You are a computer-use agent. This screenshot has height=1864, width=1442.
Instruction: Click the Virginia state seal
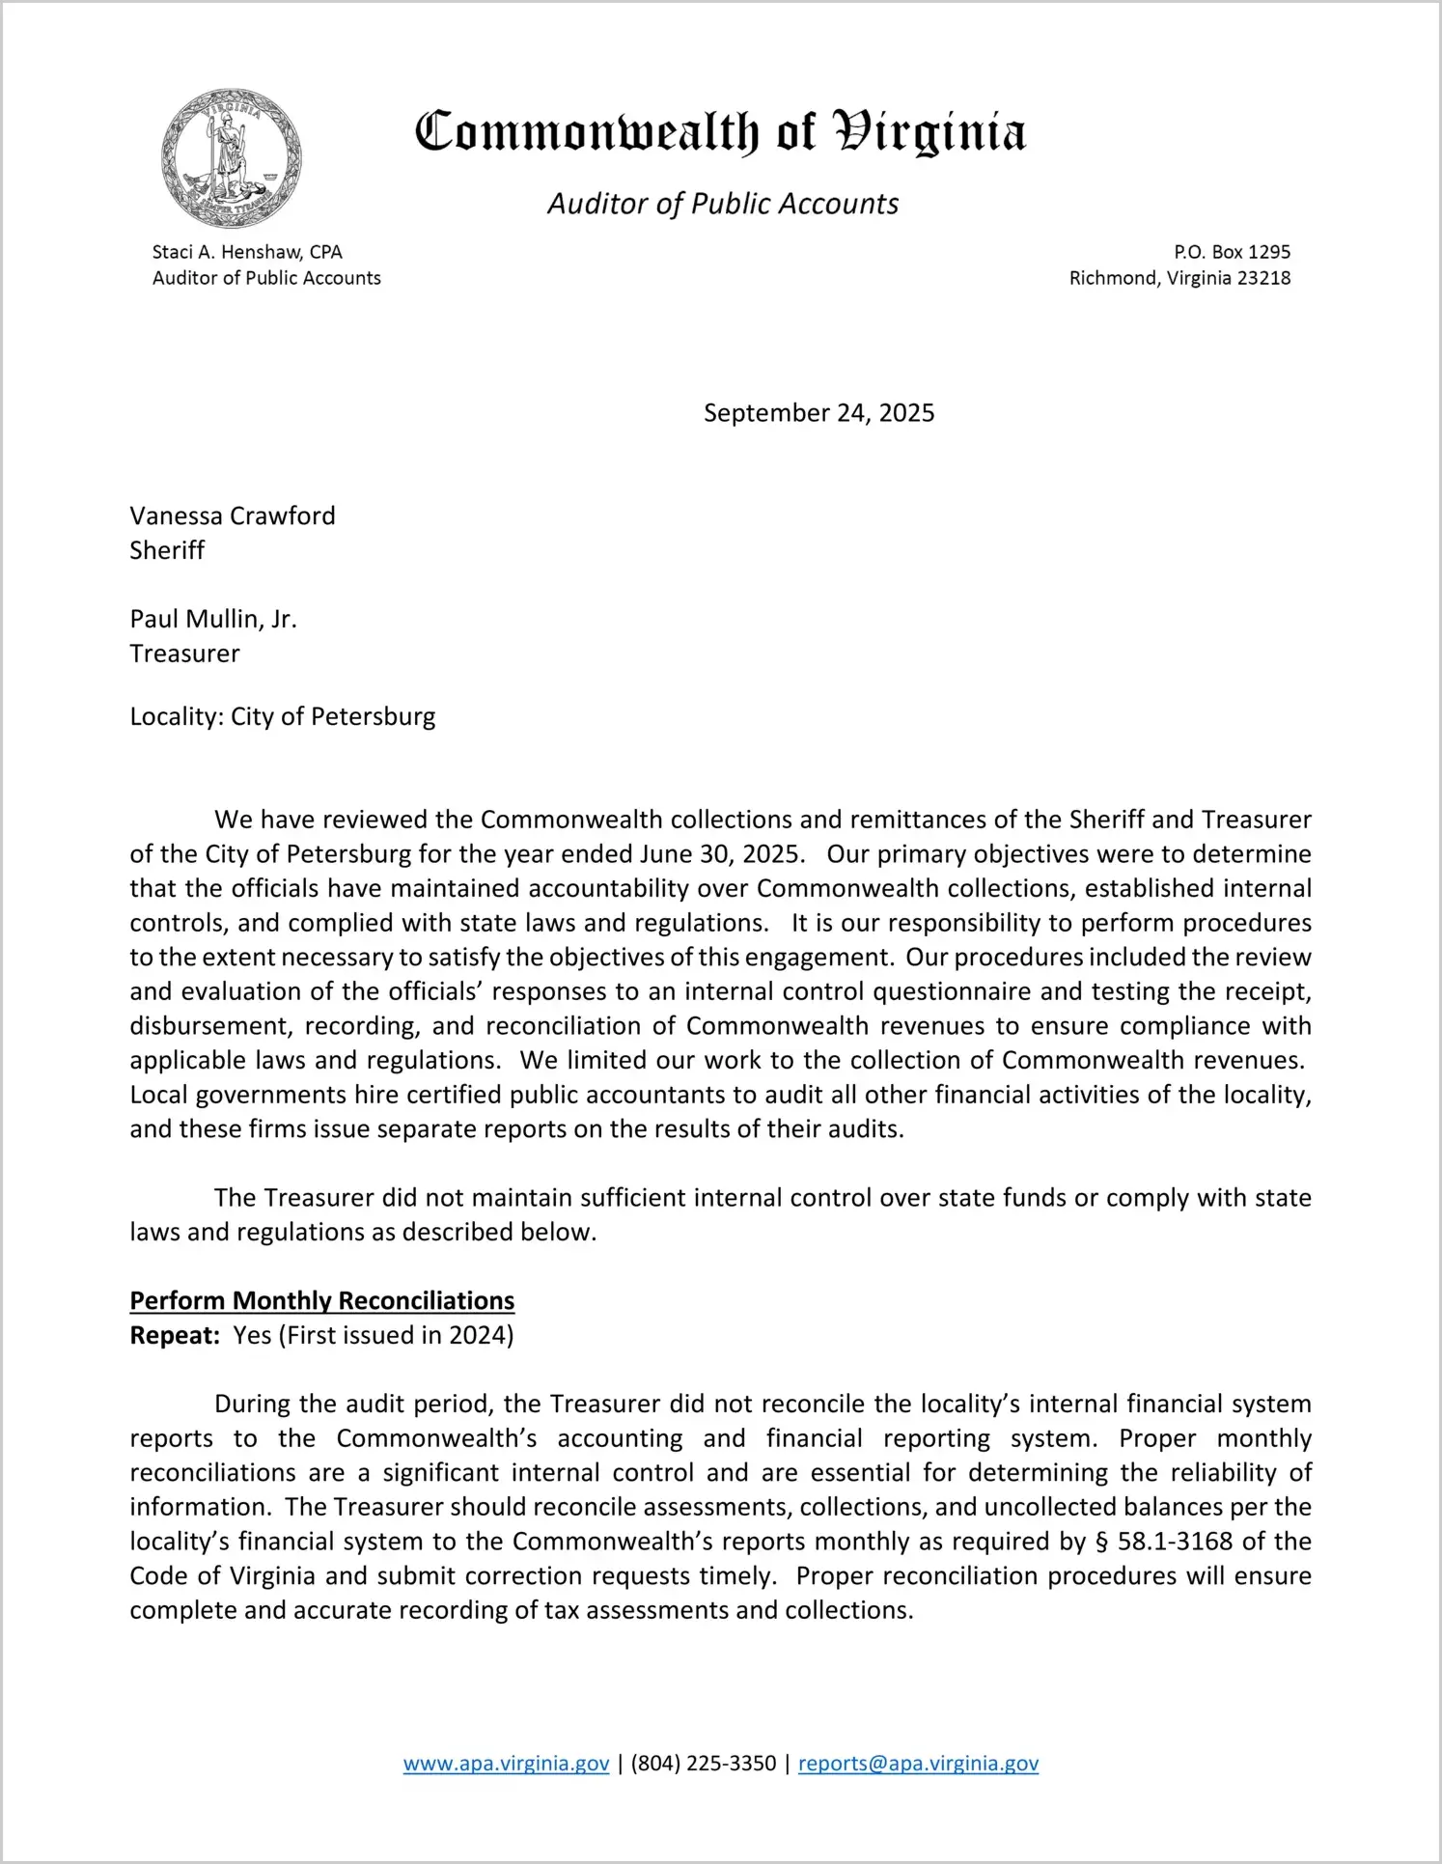click(231, 158)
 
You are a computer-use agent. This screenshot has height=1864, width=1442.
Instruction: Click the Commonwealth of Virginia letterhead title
click(720, 132)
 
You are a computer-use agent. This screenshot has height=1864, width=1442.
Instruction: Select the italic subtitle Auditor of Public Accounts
click(723, 204)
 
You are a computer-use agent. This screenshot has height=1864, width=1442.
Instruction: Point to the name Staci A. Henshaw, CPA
click(247, 252)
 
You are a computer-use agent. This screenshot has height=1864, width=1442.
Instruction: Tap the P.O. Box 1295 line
click(1232, 252)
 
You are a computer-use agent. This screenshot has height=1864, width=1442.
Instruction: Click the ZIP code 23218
click(1263, 278)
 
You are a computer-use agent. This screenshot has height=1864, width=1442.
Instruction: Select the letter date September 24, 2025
click(818, 413)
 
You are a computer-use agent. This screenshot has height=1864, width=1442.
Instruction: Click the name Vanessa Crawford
click(233, 515)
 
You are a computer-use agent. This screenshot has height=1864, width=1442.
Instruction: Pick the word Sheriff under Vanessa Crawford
click(167, 550)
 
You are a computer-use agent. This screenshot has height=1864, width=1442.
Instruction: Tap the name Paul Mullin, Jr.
click(213, 619)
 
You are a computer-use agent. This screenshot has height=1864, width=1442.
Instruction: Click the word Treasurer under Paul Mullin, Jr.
click(184, 654)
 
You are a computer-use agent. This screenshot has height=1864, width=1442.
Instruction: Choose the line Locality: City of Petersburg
click(283, 716)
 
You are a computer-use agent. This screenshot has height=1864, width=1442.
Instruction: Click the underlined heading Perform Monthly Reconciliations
click(322, 1300)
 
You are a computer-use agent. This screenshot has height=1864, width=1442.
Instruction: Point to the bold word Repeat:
click(175, 1335)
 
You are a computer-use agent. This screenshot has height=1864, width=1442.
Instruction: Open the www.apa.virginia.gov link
click(506, 1764)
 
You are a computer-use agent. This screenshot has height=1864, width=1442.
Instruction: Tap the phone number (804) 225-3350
click(704, 1764)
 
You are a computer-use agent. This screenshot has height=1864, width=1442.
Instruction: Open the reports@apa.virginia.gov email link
click(918, 1764)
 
